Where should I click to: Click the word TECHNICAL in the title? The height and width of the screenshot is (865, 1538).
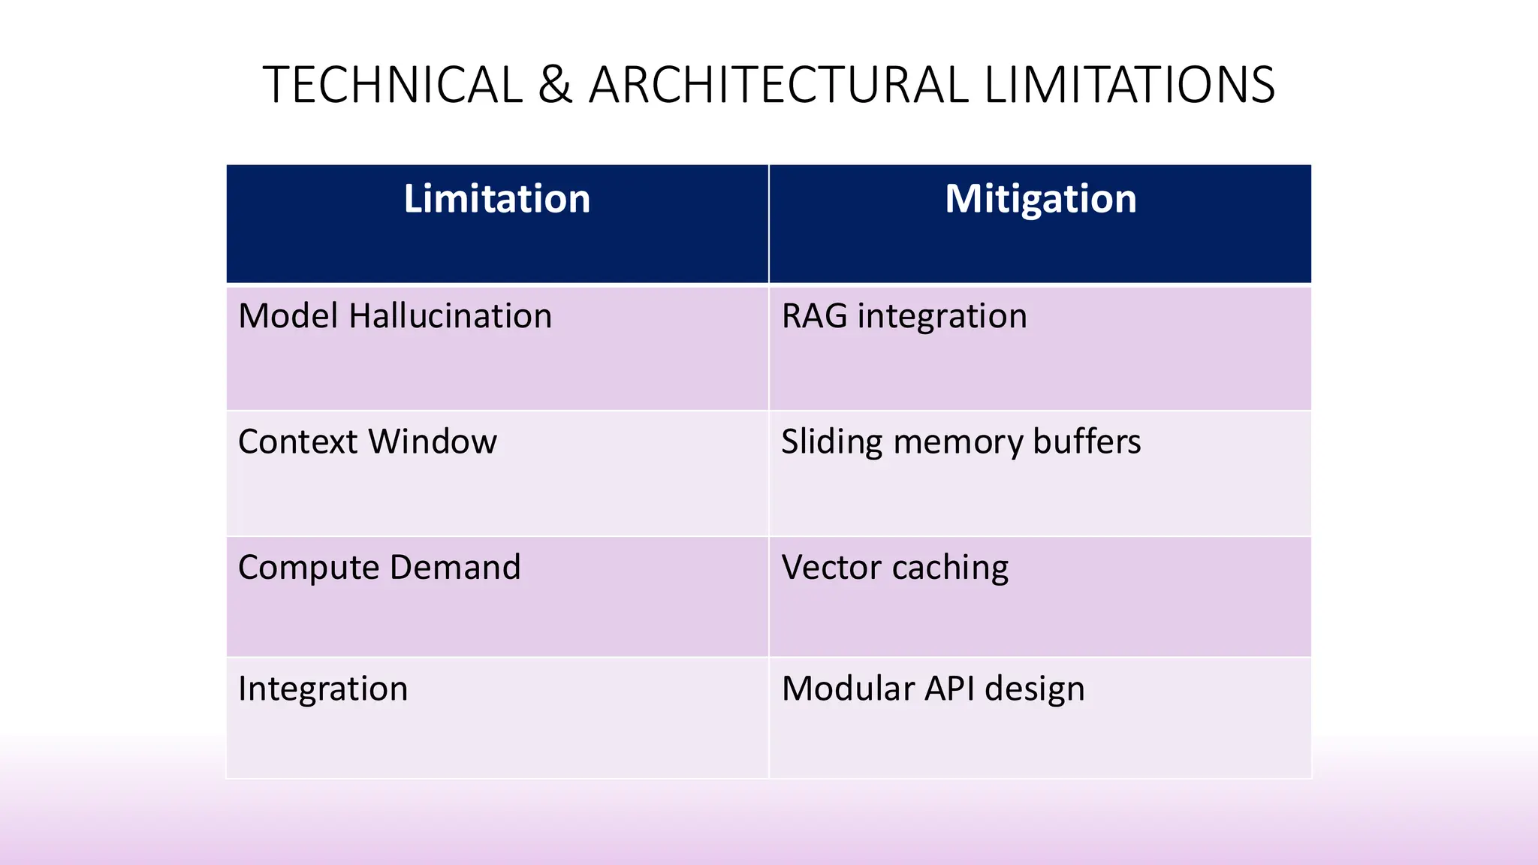click(392, 84)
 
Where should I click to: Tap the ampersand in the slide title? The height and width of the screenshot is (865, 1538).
click(555, 84)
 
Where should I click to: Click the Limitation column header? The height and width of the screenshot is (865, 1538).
click(496, 199)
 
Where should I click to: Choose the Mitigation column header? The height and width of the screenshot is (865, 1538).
click(1040, 199)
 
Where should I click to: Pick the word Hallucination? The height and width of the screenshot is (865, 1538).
click(451, 316)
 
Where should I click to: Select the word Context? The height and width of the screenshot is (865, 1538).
click(297, 442)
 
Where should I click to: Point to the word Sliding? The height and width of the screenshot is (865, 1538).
click(831, 442)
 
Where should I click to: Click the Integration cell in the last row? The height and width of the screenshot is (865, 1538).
click(323, 689)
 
